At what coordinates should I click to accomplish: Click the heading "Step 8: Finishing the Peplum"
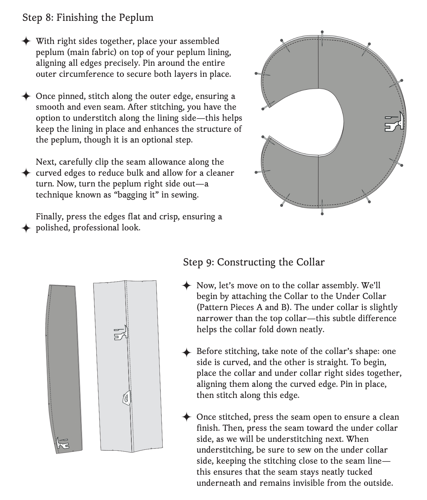point(88,17)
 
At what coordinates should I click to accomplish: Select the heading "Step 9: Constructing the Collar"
point(254,262)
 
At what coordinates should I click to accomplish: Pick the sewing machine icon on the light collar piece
point(121,333)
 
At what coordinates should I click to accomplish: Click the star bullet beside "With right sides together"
point(26,41)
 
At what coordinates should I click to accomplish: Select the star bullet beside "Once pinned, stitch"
point(26,96)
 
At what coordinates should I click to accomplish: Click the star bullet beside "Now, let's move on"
point(187,286)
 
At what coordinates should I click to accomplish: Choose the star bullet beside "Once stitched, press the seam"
point(187,417)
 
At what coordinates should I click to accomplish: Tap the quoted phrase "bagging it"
point(138,195)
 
